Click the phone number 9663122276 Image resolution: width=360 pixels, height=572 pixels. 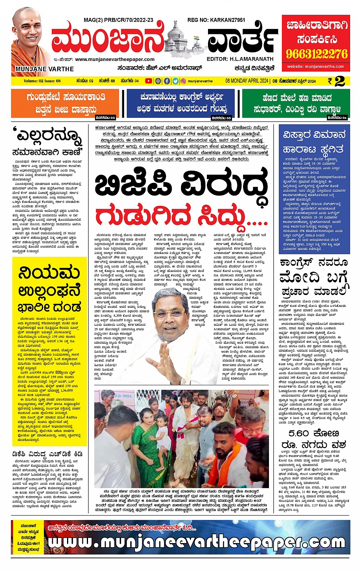(x=317, y=54)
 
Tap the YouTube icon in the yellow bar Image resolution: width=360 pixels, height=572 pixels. (x=148, y=81)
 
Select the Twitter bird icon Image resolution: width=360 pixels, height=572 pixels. (x=175, y=81)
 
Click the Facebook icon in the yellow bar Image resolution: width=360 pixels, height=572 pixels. (x=167, y=81)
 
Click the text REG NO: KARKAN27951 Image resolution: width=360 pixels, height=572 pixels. (x=216, y=20)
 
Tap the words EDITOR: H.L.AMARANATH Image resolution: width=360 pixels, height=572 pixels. (x=240, y=59)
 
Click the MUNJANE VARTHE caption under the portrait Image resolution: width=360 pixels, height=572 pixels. (x=45, y=69)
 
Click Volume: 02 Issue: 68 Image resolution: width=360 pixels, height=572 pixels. (x=42, y=81)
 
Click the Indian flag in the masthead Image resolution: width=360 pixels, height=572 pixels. (x=196, y=39)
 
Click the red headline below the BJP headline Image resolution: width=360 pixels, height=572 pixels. (x=181, y=216)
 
